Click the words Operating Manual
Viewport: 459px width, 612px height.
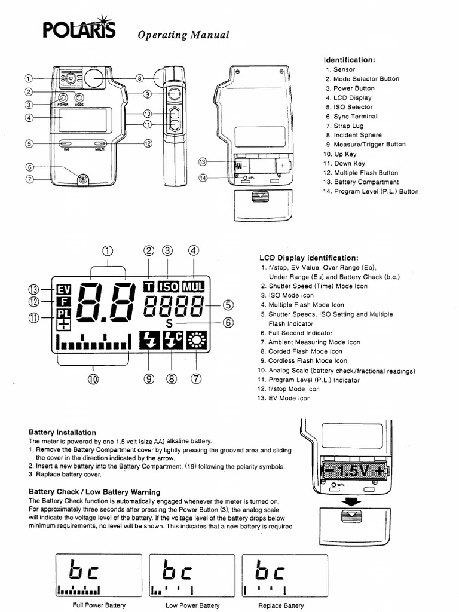tap(183, 35)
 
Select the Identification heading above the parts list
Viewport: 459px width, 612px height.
tap(349, 60)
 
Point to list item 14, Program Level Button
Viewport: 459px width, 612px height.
tap(371, 191)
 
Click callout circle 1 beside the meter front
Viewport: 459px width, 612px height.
tap(28, 78)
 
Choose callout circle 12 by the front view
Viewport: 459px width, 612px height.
tap(148, 143)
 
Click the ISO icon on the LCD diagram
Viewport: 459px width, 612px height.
tap(167, 287)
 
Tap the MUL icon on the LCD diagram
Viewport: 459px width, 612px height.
tap(194, 287)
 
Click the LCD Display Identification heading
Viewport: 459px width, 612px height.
tap(308, 258)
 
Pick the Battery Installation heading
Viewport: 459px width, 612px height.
tap(62, 432)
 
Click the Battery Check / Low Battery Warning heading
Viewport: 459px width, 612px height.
tap(94, 492)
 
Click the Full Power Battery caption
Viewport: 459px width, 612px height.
tap(99, 605)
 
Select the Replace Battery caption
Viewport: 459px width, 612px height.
tap(281, 605)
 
